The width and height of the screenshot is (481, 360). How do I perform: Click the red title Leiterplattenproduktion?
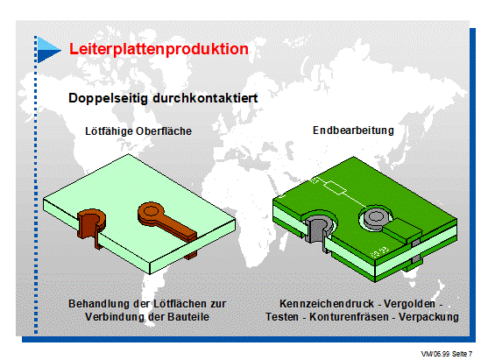point(159,49)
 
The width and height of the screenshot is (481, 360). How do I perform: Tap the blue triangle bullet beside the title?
point(48,50)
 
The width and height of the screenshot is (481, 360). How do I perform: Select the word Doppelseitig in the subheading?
point(108,98)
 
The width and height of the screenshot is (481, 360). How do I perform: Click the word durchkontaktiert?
point(205,98)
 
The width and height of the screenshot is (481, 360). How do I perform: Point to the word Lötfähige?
point(110,131)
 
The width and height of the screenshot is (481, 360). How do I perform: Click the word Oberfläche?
point(164,131)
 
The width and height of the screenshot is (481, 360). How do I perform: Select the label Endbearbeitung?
point(353,131)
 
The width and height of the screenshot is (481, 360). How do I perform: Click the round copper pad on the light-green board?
point(151,212)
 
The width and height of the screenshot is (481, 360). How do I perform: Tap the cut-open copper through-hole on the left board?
point(92,227)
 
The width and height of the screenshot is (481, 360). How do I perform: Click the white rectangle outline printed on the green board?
point(335,187)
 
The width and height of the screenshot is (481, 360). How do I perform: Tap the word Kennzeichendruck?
point(327,304)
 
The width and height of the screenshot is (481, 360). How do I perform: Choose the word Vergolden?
point(409,304)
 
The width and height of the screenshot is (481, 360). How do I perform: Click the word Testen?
point(282,317)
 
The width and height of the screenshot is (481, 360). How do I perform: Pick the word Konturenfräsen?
point(349,317)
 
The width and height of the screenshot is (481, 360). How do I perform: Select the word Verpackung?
point(428,317)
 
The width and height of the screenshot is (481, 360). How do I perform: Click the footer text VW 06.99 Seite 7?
point(446,354)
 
